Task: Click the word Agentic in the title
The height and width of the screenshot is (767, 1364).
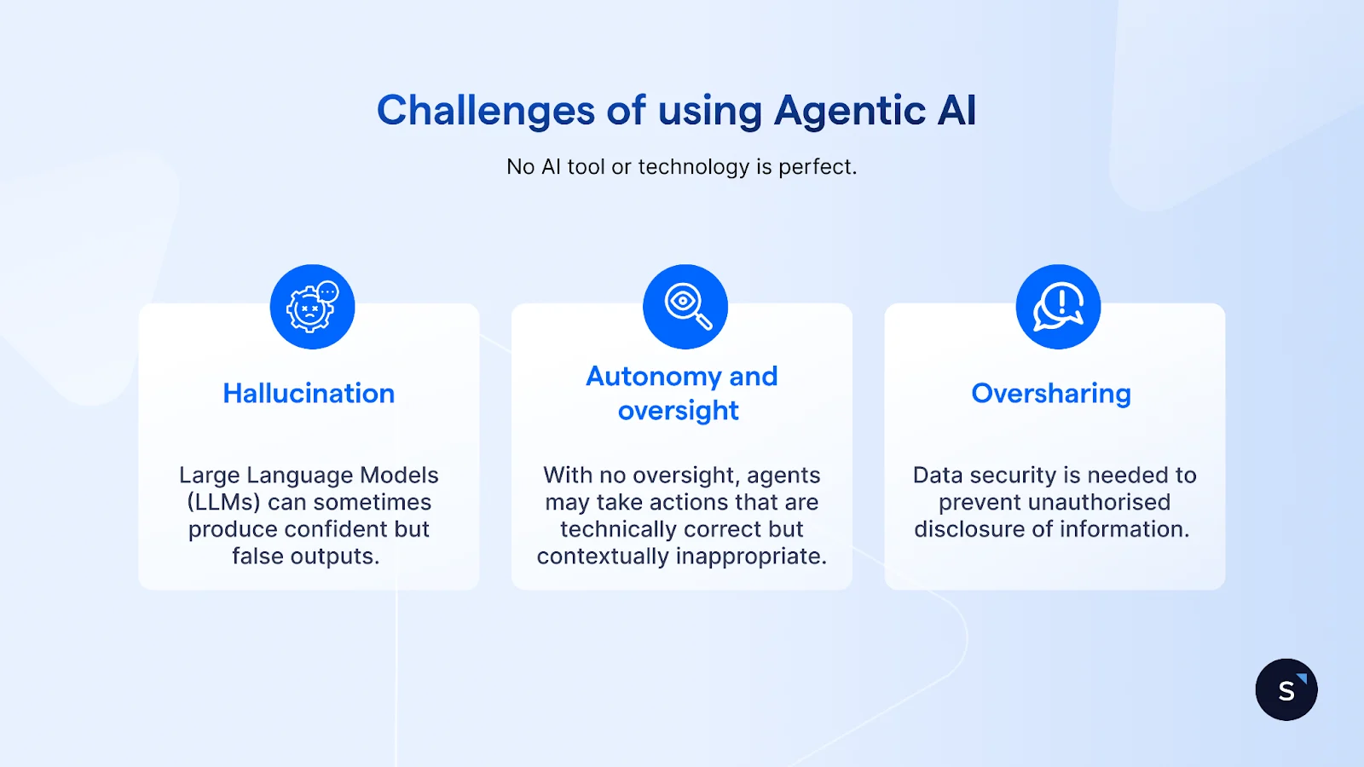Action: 849,111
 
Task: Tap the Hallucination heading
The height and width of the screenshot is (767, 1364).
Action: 309,393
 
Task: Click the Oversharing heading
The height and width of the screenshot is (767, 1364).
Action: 1051,393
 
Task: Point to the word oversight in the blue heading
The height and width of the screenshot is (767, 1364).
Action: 678,411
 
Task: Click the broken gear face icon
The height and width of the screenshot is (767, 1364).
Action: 312,307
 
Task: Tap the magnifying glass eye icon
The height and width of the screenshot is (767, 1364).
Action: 685,307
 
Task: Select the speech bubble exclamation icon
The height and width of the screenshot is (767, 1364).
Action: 1058,307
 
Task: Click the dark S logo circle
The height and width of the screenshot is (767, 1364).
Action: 1286,689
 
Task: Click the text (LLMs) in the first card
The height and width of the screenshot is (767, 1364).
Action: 223,502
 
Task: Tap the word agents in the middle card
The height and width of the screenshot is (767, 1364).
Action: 783,476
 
